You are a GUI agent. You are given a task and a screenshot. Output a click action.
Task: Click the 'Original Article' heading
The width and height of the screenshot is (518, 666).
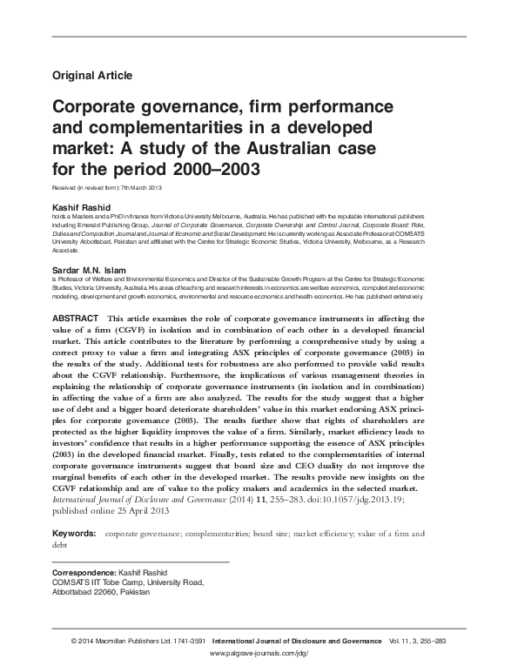92,76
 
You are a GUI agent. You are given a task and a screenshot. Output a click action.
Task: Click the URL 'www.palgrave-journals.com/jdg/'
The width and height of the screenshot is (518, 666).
259,651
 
